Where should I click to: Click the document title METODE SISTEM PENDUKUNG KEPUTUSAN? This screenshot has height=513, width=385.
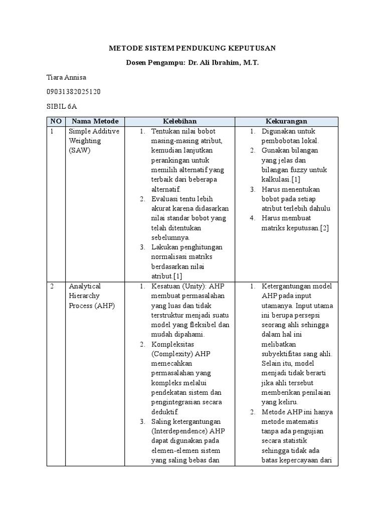pos(192,48)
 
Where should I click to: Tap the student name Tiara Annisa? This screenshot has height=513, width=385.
pos(67,77)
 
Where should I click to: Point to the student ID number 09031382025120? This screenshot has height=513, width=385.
pos(73,92)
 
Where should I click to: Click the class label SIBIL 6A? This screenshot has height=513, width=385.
pos(62,106)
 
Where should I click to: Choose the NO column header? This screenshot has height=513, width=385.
pos(56,121)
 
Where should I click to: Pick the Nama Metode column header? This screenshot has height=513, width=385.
pos(95,121)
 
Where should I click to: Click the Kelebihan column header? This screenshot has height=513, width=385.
pos(179,121)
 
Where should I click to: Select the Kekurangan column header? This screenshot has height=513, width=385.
pos(286,121)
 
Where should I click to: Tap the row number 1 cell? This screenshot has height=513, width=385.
pos(52,131)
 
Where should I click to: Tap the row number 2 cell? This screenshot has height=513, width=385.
pos(52,287)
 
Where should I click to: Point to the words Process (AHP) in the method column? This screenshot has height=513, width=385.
pos(92,306)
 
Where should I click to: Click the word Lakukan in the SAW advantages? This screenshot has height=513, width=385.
pos(164,247)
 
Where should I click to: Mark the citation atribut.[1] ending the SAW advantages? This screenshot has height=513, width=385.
pos(166,277)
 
